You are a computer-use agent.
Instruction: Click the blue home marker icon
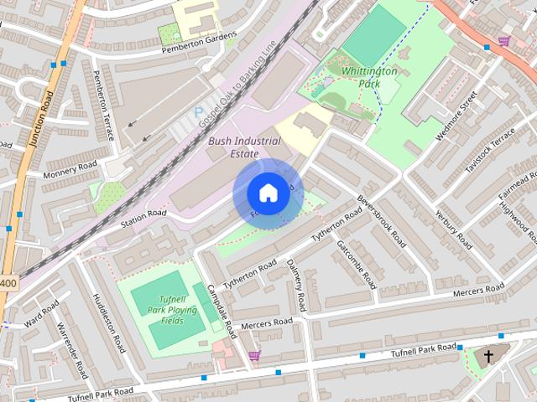click(267, 193)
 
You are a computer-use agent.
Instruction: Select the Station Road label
click(143, 218)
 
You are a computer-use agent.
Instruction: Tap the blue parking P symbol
click(199, 111)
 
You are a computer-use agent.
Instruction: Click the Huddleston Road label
click(109, 322)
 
